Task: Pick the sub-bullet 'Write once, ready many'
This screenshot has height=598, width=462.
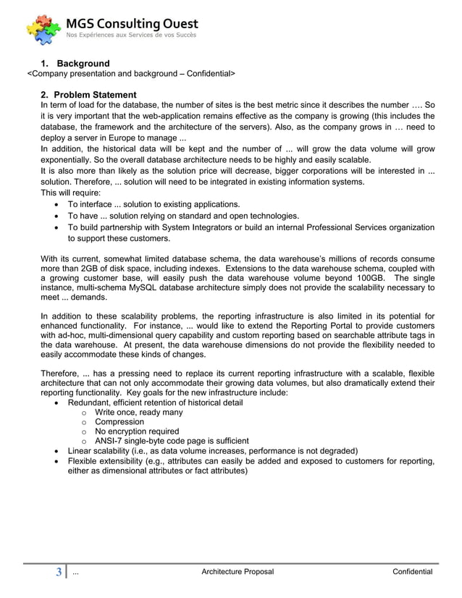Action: click(x=138, y=412)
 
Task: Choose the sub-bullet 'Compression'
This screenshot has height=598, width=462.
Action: click(x=119, y=421)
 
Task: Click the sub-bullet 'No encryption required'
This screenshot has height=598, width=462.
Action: click(x=137, y=431)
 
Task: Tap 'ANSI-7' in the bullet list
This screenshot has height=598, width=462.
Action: click(x=109, y=440)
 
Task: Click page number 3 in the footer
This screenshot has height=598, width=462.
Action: click(x=59, y=573)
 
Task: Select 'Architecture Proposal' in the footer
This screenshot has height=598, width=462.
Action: click(x=238, y=573)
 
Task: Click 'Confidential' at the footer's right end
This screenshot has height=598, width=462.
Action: click(x=412, y=573)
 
